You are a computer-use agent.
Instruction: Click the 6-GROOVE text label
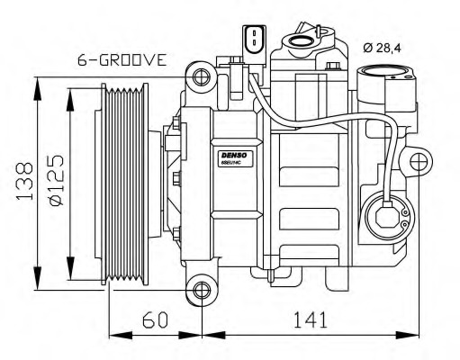122,61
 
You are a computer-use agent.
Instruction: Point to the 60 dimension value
156,319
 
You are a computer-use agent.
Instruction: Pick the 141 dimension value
305,319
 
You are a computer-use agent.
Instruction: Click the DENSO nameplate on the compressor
235,157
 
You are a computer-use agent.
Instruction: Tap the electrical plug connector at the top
254,40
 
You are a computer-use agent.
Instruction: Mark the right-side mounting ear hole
419,162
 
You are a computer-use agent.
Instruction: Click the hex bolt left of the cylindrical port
333,67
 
